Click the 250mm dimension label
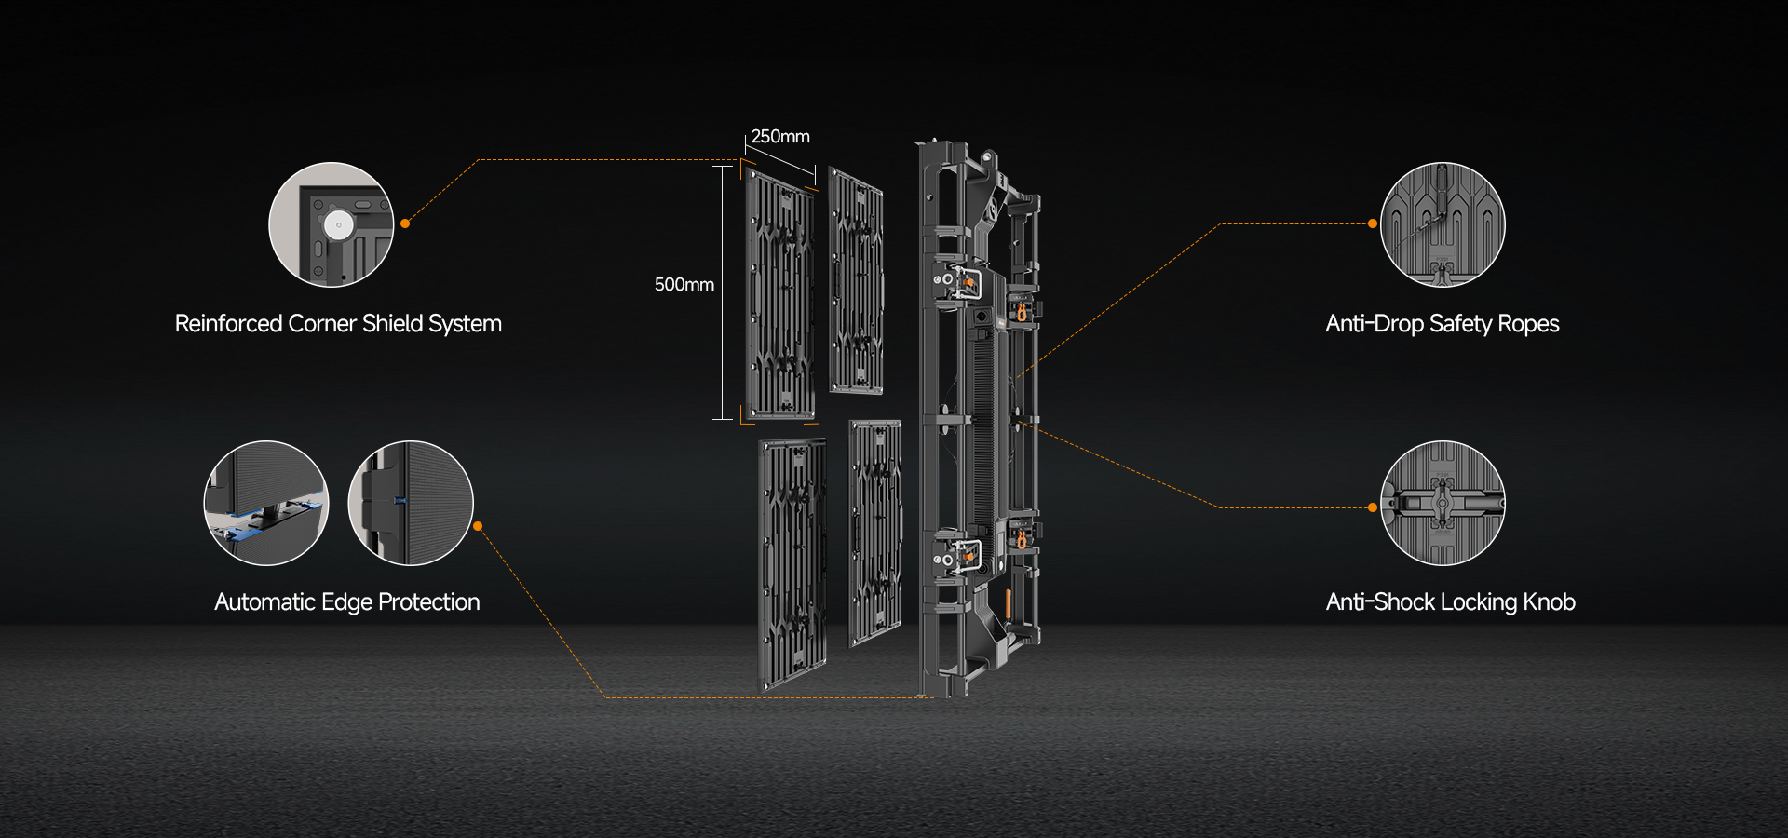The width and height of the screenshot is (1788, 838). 780,137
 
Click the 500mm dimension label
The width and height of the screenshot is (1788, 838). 684,285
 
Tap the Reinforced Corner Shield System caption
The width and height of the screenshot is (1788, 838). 338,324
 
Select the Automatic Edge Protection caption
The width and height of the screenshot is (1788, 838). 347,602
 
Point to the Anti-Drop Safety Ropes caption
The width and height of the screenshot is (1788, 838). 1443,324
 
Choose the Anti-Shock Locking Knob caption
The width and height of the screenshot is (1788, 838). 1451,602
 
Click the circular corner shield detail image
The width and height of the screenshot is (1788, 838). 332,224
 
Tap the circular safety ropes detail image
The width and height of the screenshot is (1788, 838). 1443,224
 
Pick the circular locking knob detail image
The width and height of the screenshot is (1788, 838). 1443,503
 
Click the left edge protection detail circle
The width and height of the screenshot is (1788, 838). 266,503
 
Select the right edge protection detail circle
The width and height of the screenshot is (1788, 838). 411,503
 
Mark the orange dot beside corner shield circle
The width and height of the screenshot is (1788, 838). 405,223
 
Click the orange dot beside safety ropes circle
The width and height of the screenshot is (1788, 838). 1373,223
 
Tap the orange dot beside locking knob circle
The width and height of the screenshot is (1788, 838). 1373,507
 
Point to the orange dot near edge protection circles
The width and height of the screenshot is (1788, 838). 478,526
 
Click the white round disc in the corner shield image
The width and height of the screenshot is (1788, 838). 338,224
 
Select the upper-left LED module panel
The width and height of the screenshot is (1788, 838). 780,293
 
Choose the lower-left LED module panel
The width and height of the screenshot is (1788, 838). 792,565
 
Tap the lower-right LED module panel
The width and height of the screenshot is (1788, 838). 875,533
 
